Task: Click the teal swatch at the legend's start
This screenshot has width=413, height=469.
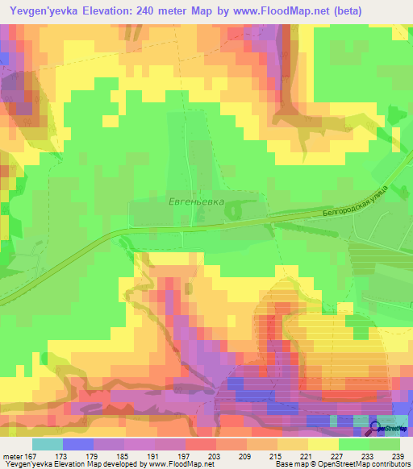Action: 48,444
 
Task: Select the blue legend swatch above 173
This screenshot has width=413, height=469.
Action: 78,444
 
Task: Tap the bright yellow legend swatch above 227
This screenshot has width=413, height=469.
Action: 323,444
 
